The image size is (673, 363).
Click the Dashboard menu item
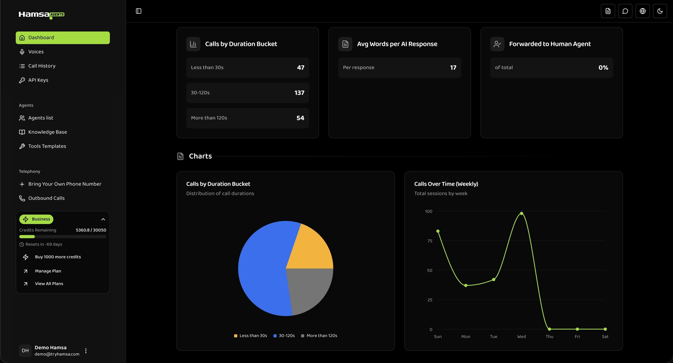[63, 38]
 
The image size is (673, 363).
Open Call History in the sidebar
[42, 66]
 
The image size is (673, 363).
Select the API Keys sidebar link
[38, 80]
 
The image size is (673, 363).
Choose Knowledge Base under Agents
[47, 132]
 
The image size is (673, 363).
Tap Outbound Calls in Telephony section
[46, 198]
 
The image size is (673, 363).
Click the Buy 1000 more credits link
[58, 257]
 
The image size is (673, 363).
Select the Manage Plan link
[48, 271]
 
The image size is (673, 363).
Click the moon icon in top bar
[660, 11]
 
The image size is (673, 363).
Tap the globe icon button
[642, 11]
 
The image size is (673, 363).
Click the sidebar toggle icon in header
[138, 11]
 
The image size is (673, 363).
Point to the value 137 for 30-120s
[299, 93]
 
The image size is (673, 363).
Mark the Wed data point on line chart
[521, 213]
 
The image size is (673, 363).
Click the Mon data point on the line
[465, 285]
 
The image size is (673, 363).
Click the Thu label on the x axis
[549, 336]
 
